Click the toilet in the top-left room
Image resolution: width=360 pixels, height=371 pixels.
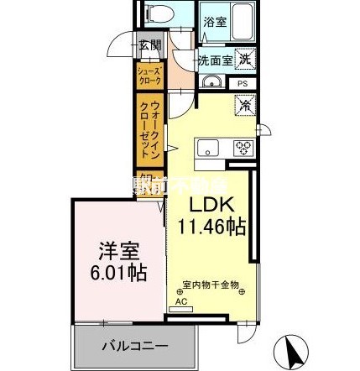point(159,16)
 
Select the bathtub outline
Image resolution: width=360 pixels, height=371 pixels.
point(243,21)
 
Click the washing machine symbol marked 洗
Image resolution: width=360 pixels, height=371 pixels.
point(244,58)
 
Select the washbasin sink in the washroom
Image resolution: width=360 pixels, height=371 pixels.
point(211,82)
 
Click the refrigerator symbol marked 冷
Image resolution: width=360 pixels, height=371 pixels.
point(244,106)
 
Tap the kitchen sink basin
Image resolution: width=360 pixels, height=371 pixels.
point(206,149)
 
